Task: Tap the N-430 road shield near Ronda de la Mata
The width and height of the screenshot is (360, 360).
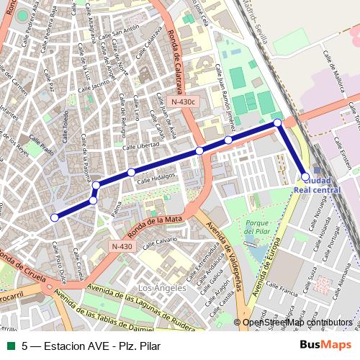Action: click(122, 246)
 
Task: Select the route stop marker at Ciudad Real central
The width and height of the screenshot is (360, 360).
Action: click(305, 176)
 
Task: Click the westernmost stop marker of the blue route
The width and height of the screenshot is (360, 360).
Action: click(54, 217)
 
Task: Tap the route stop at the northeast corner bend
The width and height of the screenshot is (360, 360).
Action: click(278, 123)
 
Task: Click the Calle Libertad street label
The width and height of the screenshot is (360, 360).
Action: click(142, 146)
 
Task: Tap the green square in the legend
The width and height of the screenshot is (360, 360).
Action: click(11, 345)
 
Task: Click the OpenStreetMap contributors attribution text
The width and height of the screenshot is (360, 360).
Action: click(297, 323)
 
